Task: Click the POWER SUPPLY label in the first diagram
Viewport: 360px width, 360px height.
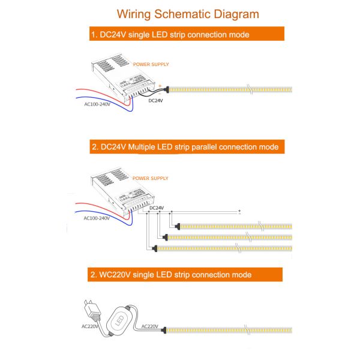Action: (x=151, y=64)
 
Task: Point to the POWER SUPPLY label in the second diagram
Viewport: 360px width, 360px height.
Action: (x=151, y=178)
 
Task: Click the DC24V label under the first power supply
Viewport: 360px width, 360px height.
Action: (x=155, y=101)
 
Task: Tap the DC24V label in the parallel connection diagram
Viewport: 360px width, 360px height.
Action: (x=155, y=208)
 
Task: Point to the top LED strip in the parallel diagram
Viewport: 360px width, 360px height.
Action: (x=234, y=226)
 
